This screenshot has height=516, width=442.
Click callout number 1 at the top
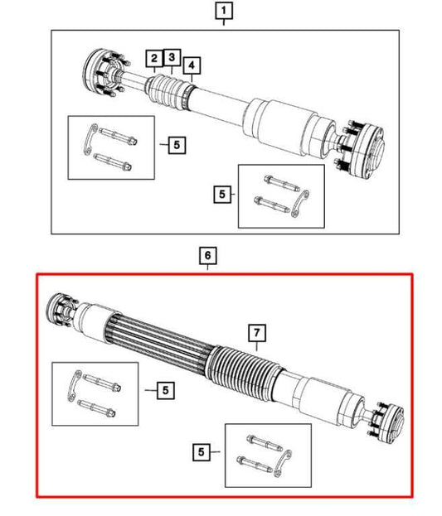pyautogui.click(x=225, y=12)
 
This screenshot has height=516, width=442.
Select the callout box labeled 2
pyautogui.click(x=154, y=58)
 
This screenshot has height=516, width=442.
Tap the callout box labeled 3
pyautogui.click(x=171, y=57)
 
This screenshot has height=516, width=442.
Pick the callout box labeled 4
pyautogui.click(x=192, y=65)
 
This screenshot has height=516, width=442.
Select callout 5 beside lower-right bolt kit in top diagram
pyautogui.click(x=221, y=195)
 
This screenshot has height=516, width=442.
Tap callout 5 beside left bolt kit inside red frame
pyautogui.click(x=164, y=388)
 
